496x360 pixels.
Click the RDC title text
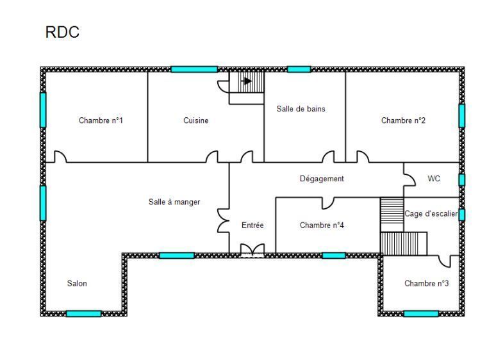(x=62, y=32)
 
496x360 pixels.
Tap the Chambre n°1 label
(x=101, y=120)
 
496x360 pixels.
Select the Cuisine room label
(x=196, y=120)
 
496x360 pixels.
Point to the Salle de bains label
(x=301, y=109)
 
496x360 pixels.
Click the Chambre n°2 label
(x=403, y=120)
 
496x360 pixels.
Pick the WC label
(x=434, y=179)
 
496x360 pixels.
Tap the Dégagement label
(x=322, y=179)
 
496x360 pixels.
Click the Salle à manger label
(x=174, y=202)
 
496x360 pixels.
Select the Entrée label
(x=252, y=225)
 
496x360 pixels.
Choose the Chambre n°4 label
(x=322, y=225)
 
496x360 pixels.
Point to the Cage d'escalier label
(x=431, y=214)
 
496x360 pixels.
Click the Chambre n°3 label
(x=426, y=283)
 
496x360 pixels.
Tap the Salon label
(x=77, y=283)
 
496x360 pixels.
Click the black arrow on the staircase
(x=247, y=81)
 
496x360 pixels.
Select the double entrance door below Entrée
(x=252, y=250)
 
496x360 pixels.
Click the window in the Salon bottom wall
(x=83, y=313)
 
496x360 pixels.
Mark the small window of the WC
(x=462, y=180)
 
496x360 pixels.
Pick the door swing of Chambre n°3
(x=445, y=261)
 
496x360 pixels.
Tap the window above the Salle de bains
(x=299, y=69)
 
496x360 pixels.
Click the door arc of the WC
(x=410, y=179)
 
